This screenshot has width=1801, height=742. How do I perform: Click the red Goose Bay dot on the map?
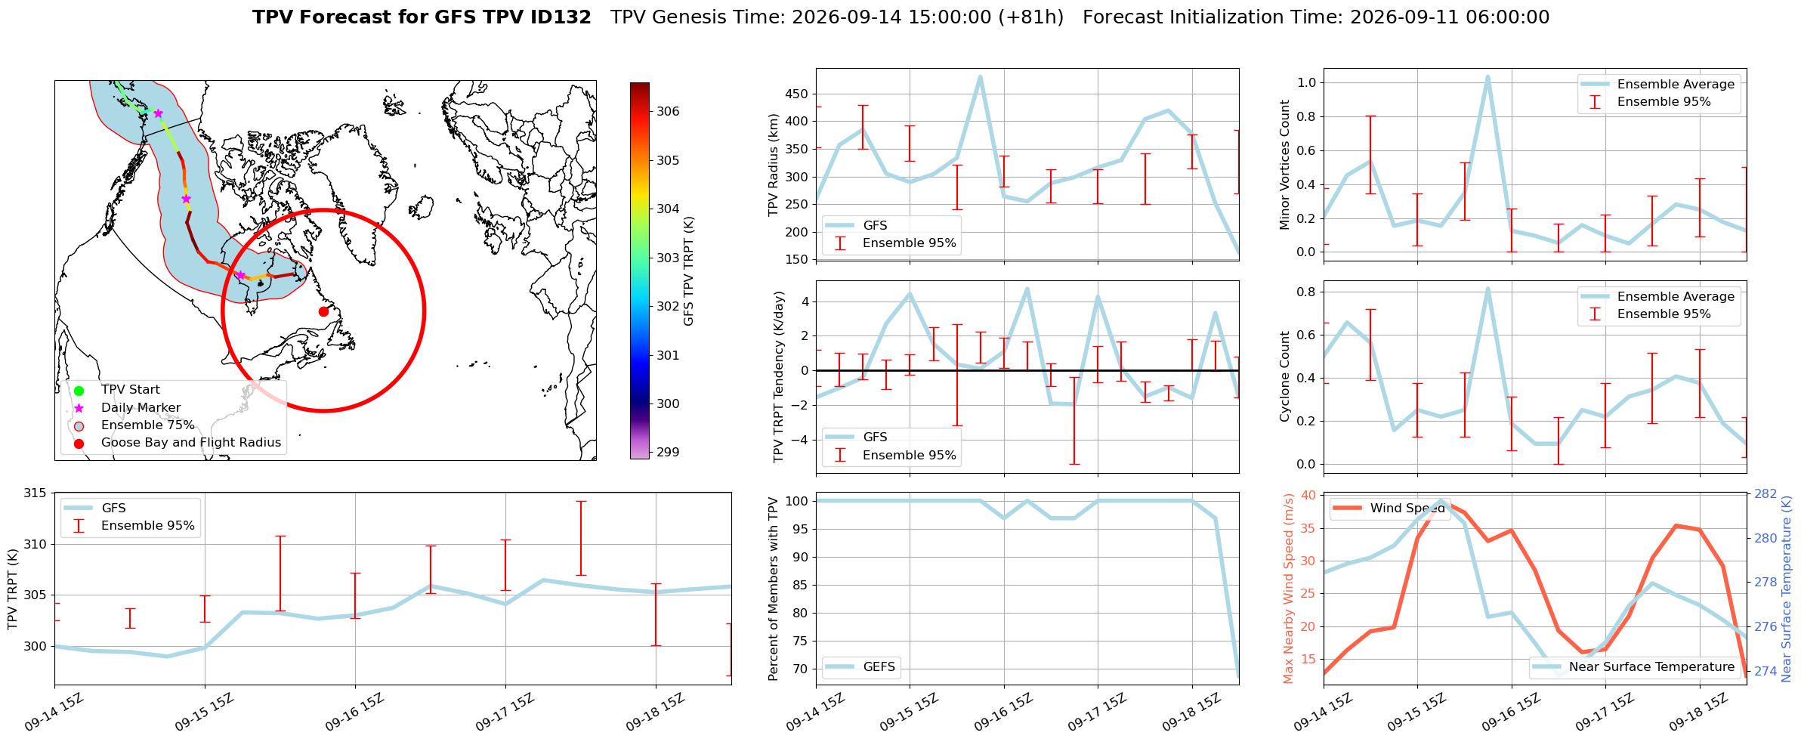coord(323,311)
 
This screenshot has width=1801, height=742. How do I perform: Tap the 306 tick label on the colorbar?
coord(668,112)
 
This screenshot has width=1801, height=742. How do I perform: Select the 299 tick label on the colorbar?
coord(668,453)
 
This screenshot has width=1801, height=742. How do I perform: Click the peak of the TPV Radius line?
coord(980,76)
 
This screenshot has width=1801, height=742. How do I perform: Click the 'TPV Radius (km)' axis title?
coord(773,165)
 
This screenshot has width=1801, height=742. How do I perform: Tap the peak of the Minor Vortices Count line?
coord(1487,76)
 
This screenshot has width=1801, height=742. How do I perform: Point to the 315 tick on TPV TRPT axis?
coord(36,493)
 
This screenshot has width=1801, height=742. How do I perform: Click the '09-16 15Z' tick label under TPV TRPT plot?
coord(355,713)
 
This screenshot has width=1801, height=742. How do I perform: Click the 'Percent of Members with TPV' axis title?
coord(773,589)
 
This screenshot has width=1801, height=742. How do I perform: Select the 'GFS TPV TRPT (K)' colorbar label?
coord(688,271)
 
